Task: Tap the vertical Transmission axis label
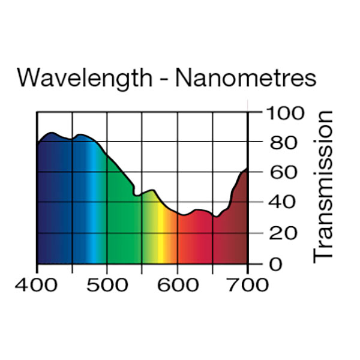coord(323,186)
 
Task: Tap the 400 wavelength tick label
coord(37,284)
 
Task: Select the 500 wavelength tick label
coord(107,284)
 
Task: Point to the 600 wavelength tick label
coord(177,284)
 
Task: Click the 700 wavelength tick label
coord(247,284)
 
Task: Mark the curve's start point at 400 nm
coord(38,143)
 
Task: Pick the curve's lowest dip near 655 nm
coord(215,217)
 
